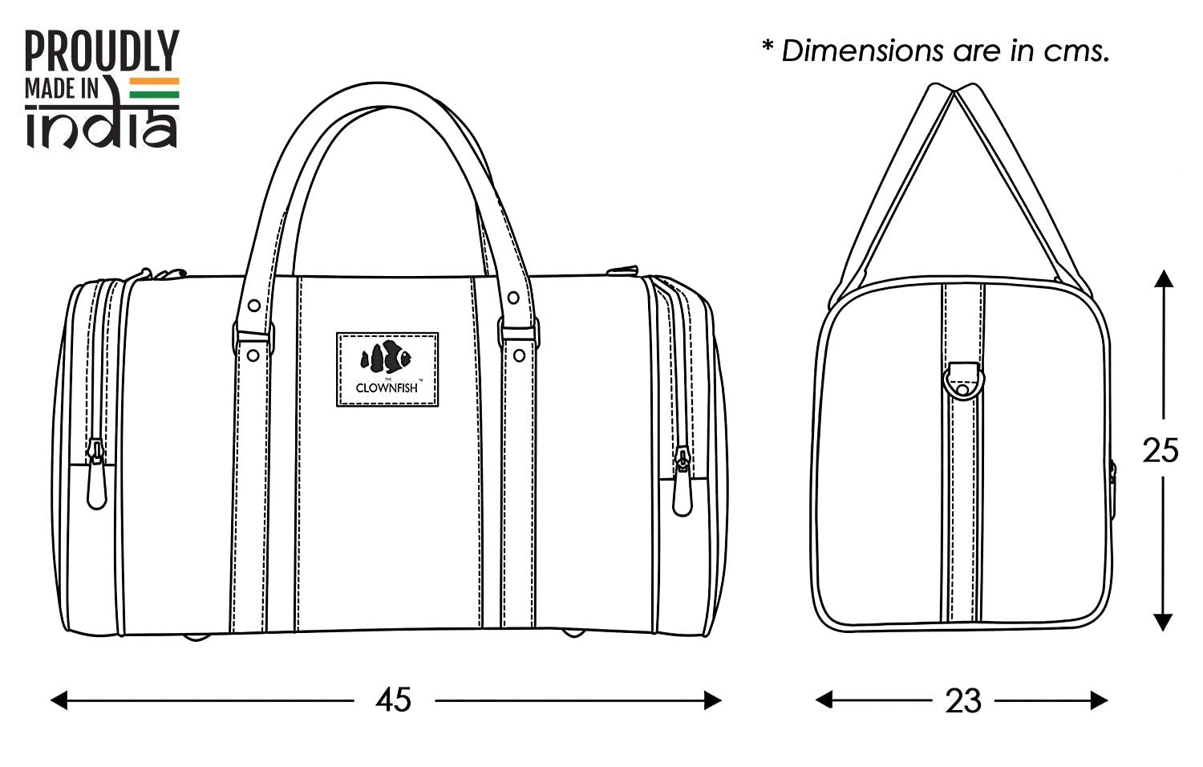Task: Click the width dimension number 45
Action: pos(393,700)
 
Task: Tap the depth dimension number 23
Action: pos(962,700)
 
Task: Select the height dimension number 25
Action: pos(1160,450)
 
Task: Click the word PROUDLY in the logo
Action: pos(102,51)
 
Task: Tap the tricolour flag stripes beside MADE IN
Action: pos(155,88)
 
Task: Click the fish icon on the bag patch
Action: pos(386,357)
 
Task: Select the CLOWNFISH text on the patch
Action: pos(387,388)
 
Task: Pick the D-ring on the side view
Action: pos(962,379)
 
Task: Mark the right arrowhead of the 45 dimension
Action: pos(712,700)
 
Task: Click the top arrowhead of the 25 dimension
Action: pos(1163,278)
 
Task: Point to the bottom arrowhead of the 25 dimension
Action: pos(1163,622)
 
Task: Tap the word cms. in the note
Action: pos(1076,51)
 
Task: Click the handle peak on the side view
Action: pos(954,88)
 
